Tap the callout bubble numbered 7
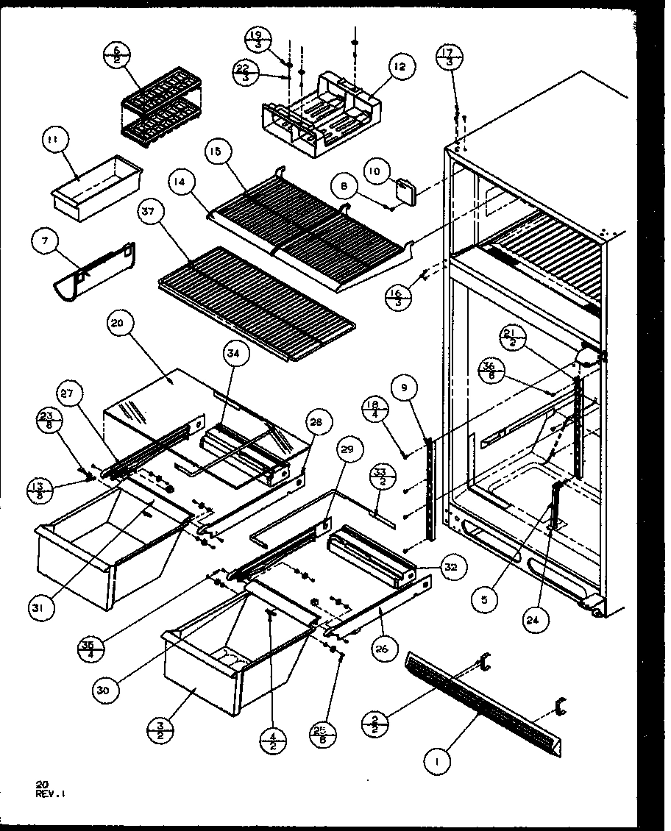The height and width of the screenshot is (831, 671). click(46, 242)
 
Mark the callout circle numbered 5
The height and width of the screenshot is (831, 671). click(486, 599)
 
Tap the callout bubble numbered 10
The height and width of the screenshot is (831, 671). click(376, 174)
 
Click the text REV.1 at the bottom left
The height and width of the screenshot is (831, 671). click(48, 793)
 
